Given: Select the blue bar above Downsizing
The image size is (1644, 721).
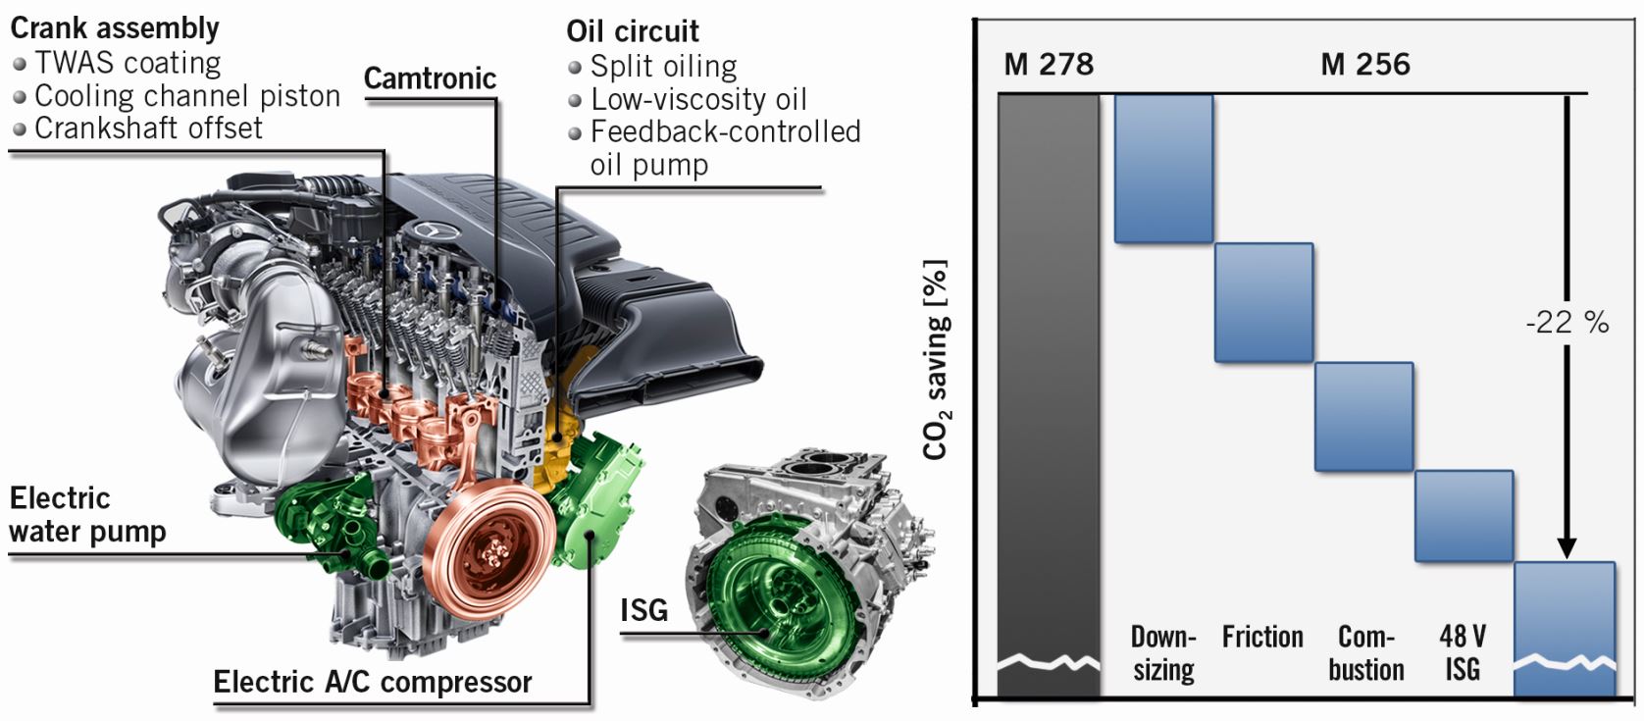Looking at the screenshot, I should (1163, 169).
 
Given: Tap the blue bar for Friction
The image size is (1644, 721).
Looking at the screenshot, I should (1263, 303).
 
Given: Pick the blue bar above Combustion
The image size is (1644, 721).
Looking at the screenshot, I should (1363, 417).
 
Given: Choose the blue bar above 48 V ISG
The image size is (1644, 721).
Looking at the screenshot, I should (1464, 516).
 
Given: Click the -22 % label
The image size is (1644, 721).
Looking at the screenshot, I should (1567, 322).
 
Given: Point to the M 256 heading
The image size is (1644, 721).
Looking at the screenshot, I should (1364, 65).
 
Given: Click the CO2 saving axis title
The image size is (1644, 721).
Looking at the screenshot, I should (936, 359).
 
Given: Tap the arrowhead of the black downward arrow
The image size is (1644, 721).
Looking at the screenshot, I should (1566, 546).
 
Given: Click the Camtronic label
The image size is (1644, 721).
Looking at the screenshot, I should (430, 78).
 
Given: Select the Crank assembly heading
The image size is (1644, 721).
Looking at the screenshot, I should (115, 28).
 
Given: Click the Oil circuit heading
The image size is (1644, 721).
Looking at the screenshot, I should (633, 31).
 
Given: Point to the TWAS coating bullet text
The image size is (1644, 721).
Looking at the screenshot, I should (128, 63).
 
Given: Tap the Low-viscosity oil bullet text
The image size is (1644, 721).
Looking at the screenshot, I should (698, 99).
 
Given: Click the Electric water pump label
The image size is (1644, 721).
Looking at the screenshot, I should (86, 515).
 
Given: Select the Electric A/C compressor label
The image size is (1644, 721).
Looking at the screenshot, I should (373, 682).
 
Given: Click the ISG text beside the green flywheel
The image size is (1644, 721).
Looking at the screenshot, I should (643, 610).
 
